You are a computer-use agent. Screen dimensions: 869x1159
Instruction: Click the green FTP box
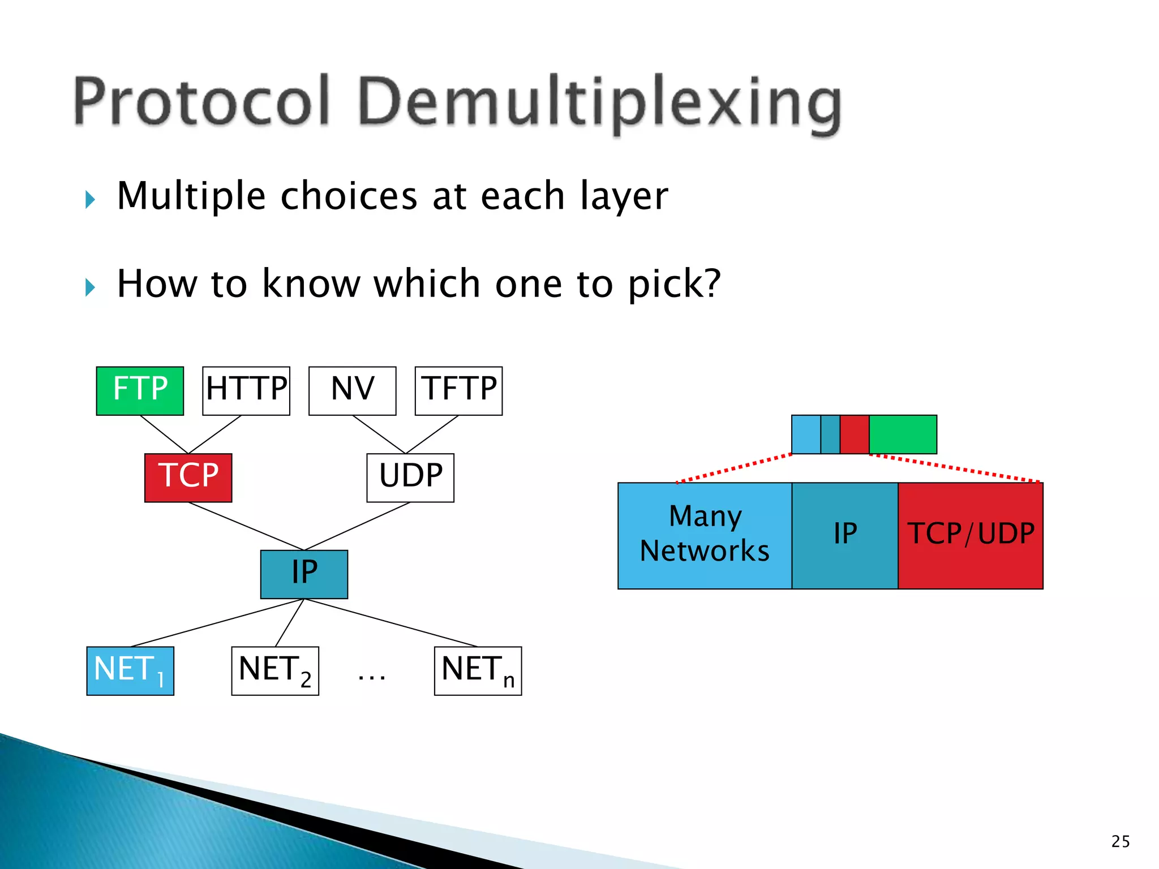[140, 391]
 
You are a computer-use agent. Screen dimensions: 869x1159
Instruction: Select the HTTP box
[246, 391]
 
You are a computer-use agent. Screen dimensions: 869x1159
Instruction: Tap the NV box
[352, 391]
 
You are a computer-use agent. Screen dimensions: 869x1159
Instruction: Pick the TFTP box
[458, 391]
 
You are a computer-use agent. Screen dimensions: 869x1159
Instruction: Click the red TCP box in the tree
[188, 477]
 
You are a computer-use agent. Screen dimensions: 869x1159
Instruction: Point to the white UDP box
[410, 477]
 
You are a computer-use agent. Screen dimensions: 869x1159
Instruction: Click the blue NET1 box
[130, 671]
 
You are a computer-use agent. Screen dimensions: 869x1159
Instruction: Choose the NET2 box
[275, 671]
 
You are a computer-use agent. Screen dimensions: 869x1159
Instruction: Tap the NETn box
[478, 671]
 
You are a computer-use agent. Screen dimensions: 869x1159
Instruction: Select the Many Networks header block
[705, 535]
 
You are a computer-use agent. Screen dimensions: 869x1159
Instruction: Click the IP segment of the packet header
[845, 535]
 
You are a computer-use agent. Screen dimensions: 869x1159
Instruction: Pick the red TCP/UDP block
[971, 535]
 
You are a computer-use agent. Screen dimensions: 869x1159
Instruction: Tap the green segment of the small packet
[903, 434]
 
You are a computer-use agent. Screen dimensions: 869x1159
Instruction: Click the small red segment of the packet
[855, 434]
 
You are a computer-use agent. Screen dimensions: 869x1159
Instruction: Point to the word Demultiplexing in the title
[600, 103]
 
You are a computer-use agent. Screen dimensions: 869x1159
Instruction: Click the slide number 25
[1121, 841]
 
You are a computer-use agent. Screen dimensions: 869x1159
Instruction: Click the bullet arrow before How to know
[90, 287]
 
